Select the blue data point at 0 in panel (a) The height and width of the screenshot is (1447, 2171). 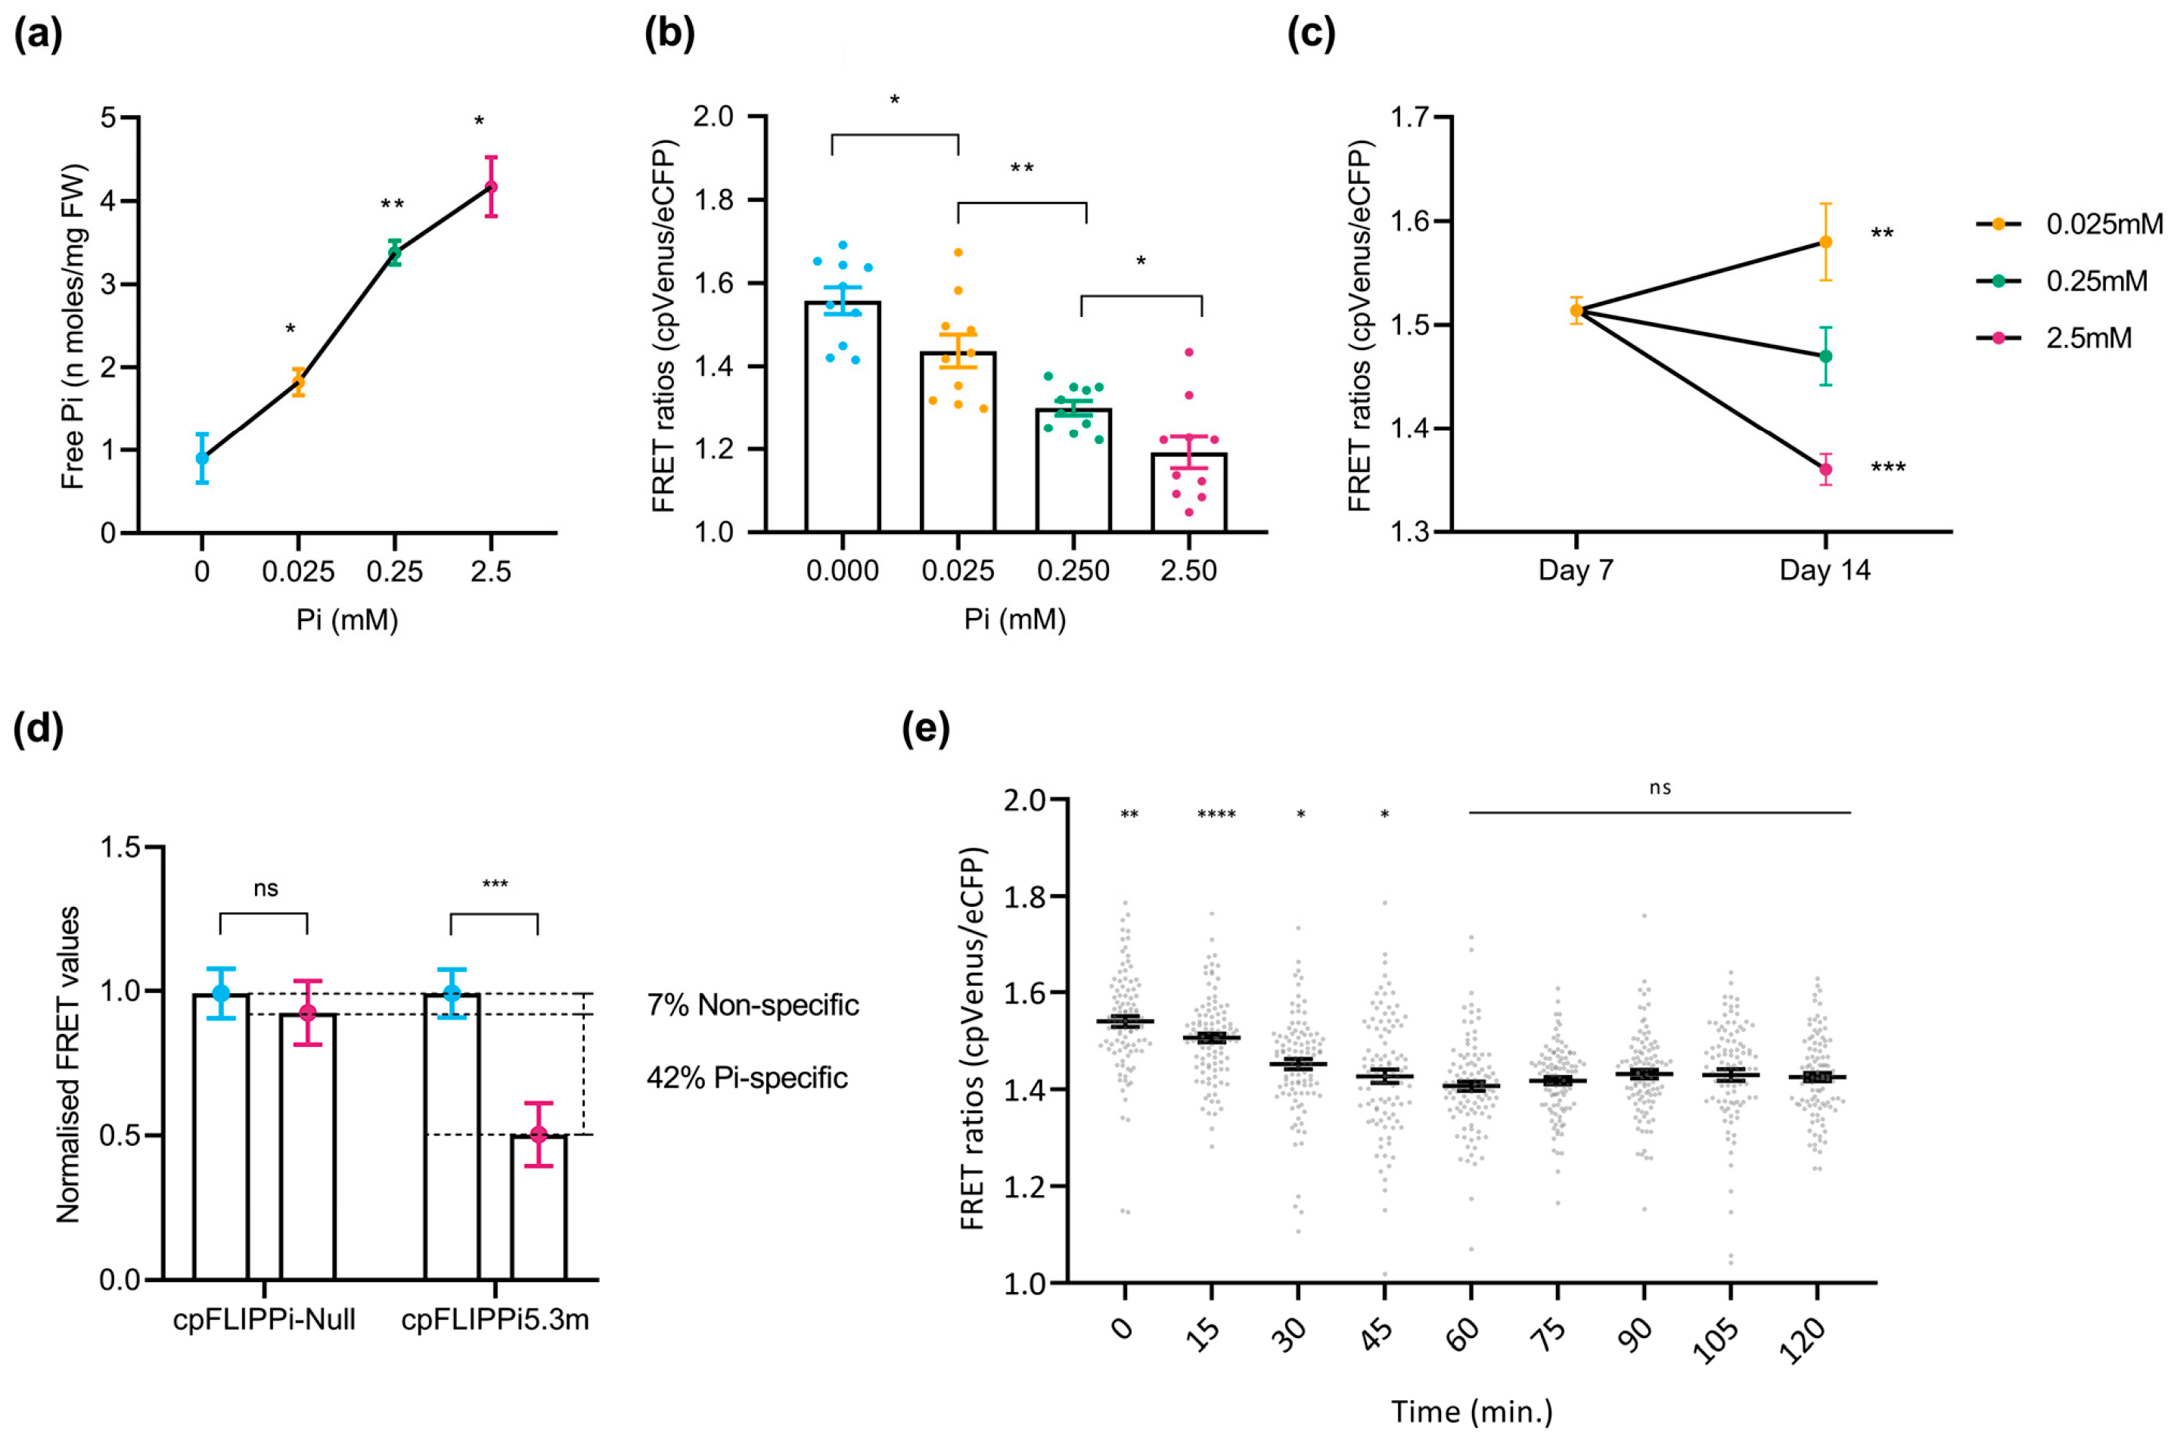[202, 458]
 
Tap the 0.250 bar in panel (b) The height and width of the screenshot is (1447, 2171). [1073, 470]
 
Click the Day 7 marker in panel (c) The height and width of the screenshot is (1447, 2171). [1576, 311]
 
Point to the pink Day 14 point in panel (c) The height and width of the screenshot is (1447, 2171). [1825, 470]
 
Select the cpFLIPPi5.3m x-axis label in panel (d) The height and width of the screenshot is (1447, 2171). [495, 1321]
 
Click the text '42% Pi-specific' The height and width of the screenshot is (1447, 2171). [747, 1078]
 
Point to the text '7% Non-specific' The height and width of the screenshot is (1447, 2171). [753, 1005]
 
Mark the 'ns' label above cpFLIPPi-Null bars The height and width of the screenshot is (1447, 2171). [265, 889]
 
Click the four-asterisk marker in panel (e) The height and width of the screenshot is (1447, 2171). [1216, 815]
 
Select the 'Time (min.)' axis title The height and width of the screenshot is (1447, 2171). [1471, 1412]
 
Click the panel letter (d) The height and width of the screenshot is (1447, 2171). [38, 729]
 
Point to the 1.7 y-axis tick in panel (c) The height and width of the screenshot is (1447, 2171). [1409, 118]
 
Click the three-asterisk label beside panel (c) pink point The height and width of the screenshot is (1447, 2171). [1888, 468]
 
